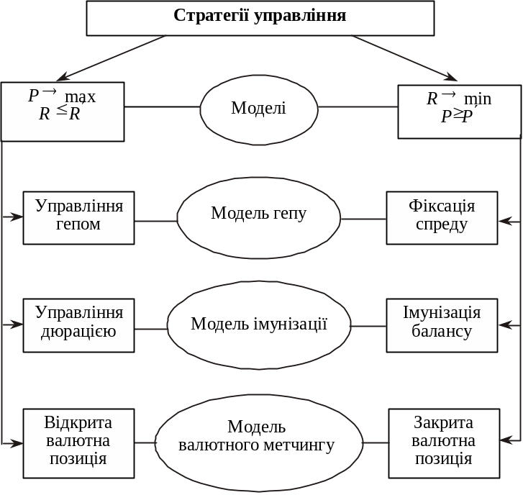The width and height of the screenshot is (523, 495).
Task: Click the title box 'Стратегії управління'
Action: click(260, 17)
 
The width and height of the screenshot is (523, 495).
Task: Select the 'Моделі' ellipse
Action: click(259, 108)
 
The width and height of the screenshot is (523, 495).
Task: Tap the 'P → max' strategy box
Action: click(63, 111)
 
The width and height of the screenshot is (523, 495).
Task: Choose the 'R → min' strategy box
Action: click(459, 111)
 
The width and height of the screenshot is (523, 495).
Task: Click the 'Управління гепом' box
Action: click(78, 217)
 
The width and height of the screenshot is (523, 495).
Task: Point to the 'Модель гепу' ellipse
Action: click(259, 214)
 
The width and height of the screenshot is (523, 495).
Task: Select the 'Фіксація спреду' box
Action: click(442, 217)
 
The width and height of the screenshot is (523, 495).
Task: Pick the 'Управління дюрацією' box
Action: click(78, 324)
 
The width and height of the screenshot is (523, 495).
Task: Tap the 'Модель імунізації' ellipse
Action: click(259, 324)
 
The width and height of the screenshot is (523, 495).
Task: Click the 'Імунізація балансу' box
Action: click(442, 324)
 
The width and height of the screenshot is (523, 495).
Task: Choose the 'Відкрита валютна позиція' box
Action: click(78, 442)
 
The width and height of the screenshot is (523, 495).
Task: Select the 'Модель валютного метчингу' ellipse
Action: click(259, 437)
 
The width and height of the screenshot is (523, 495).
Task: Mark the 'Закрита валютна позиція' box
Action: click(443, 442)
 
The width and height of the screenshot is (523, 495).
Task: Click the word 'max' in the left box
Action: click(81, 97)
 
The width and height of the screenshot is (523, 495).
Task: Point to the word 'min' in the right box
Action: click(478, 99)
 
